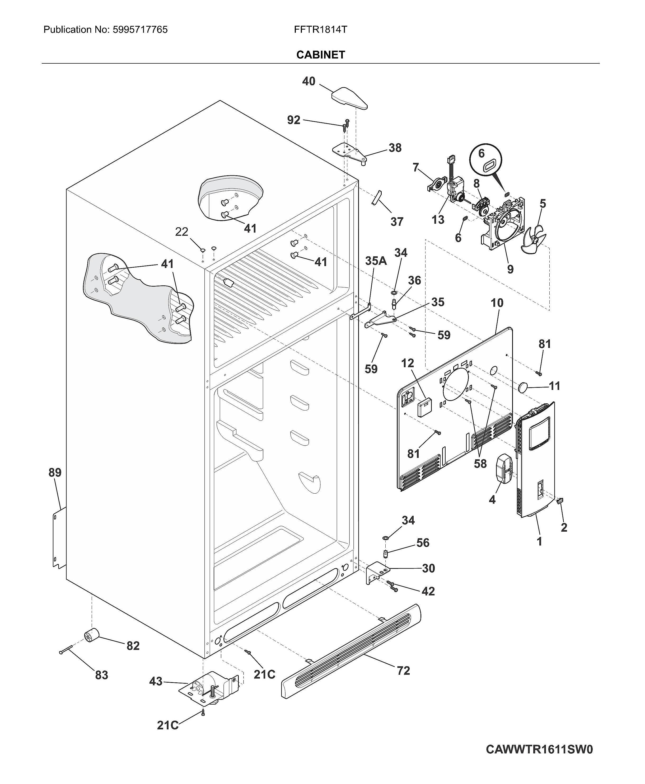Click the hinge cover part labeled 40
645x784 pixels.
click(x=349, y=98)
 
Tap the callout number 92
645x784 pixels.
click(x=293, y=120)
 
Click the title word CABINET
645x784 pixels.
click(x=321, y=55)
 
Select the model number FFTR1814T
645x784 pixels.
click(x=320, y=30)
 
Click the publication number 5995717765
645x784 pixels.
click(x=139, y=30)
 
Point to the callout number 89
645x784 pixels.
click(x=55, y=473)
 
